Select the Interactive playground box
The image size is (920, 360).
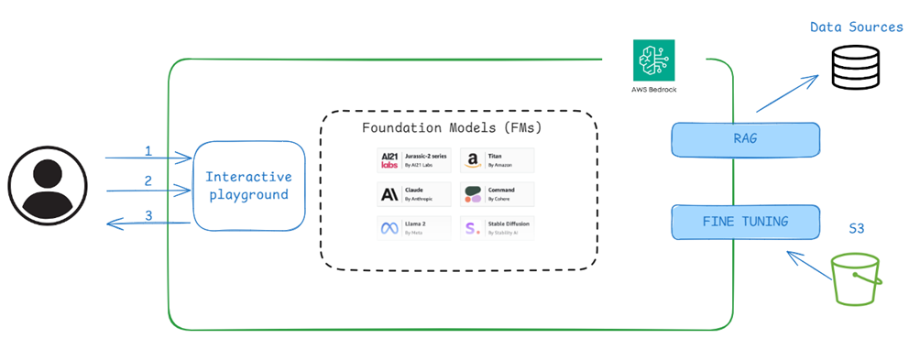[248, 185]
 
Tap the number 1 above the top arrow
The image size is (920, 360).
[148, 148]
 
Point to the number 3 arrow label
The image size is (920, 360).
[148, 217]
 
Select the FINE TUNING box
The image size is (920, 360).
[744, 221]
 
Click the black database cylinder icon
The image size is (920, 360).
[855, 66]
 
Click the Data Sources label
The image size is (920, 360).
[856, 27]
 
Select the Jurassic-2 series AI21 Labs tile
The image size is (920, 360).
[415, 161]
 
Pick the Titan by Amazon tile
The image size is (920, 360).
[497, 161]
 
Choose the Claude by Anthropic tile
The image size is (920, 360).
[415, 194]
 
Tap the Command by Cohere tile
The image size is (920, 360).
[497, 194]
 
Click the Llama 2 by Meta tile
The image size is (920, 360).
[415, 228]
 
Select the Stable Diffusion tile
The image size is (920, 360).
[497, 228]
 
